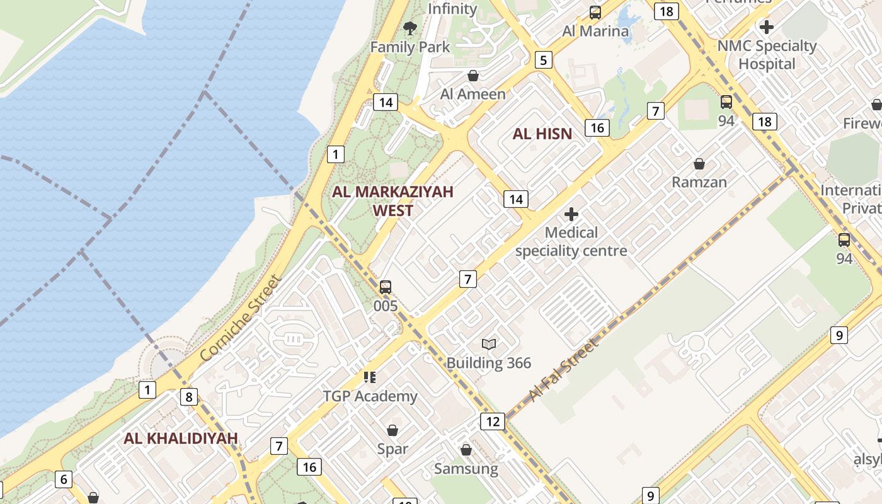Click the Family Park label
pos(410,47)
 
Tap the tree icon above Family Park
pos(410,28)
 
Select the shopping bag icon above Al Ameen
pos(473,76)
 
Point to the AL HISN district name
pos(542,134)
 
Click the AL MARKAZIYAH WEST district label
pos(392,201)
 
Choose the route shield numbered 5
pos(543,60)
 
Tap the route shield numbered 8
pos(188,397)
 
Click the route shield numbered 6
pos(63,479)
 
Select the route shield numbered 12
pos(492,421)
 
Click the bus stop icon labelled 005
pos(386,287)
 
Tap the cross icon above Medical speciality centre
pos(571,214)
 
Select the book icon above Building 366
pos(489,344)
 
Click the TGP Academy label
pos(370,396)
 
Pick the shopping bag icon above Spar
pos(392,430)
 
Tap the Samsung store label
pos(466,469)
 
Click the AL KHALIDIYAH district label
pos(181,438)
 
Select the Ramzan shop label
pos(699,182)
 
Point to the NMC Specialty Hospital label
pos(767,55)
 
